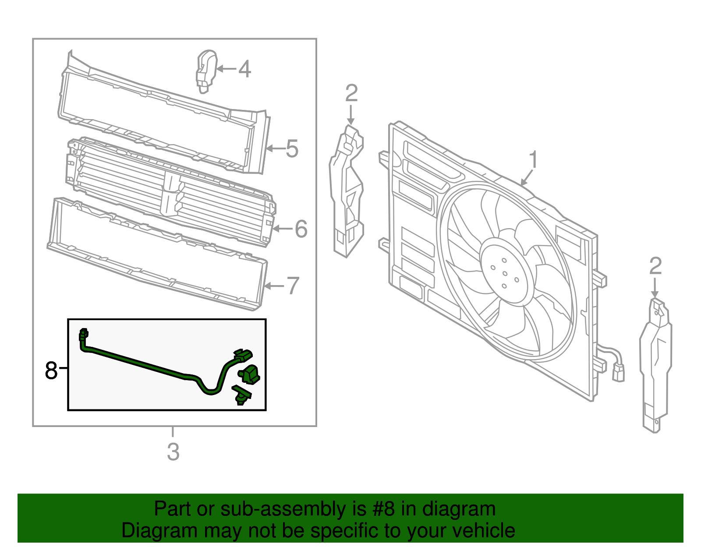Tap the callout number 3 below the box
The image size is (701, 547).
point(173,452)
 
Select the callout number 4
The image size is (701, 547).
point(244,69)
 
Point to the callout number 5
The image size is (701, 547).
point(292,148)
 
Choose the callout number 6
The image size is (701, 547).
point(301,229)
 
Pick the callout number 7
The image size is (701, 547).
point(293,286)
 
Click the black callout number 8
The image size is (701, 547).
point(51,371)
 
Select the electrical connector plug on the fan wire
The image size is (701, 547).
point(618,373)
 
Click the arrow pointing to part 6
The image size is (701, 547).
point(282,229)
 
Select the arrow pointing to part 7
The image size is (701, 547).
point(275,286)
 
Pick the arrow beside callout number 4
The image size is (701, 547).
point(227,69)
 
